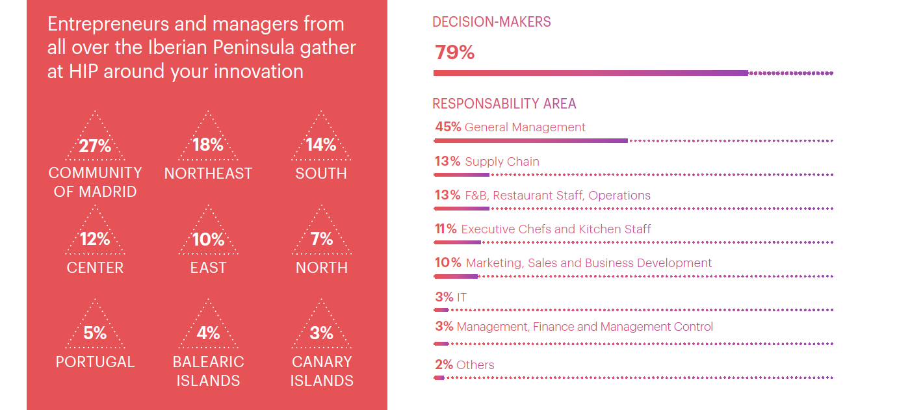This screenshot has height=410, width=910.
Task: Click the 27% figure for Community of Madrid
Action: [x=95, y=146]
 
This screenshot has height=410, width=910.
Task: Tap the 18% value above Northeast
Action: [x=208, y=144]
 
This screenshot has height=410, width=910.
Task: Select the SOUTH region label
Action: [x=321, y=173]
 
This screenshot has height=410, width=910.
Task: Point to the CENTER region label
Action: [x=95, y=268]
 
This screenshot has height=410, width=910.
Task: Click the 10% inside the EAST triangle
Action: [x=208, y=239]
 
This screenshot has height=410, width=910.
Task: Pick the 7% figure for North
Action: [x=321, y=238]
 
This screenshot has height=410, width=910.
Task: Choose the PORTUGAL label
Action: [x=95, y=362]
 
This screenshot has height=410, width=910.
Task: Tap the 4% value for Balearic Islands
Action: [x=208, y=333]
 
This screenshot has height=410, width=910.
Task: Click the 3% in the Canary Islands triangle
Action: [x=321, y=333]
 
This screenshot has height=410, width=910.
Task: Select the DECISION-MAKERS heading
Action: [x=491, y=21]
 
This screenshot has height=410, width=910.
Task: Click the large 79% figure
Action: [x=454, y=52]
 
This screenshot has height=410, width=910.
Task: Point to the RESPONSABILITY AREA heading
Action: [x=504, y=103]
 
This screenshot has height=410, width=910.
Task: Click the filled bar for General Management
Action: [x=530, y=141]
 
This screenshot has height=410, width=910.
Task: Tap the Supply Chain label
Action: [x=502, y=162]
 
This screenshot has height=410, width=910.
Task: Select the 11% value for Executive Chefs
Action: [x=446, y=229]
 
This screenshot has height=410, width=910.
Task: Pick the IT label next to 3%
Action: [x=461, y=297]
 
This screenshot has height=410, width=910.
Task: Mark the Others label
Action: [x=475, y=365]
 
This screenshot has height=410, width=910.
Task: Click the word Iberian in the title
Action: [x=177, y=47]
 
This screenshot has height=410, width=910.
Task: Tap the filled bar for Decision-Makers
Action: [x=591, y=73]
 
